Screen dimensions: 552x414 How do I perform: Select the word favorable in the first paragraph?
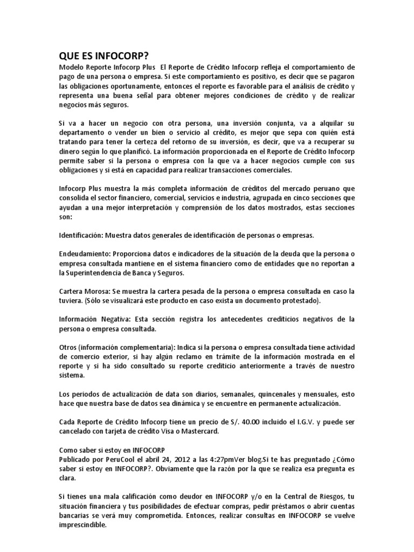pyautogui.click(x=266, y=86)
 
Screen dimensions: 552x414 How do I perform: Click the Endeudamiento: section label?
pyautogui.click(x=82, y=253)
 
